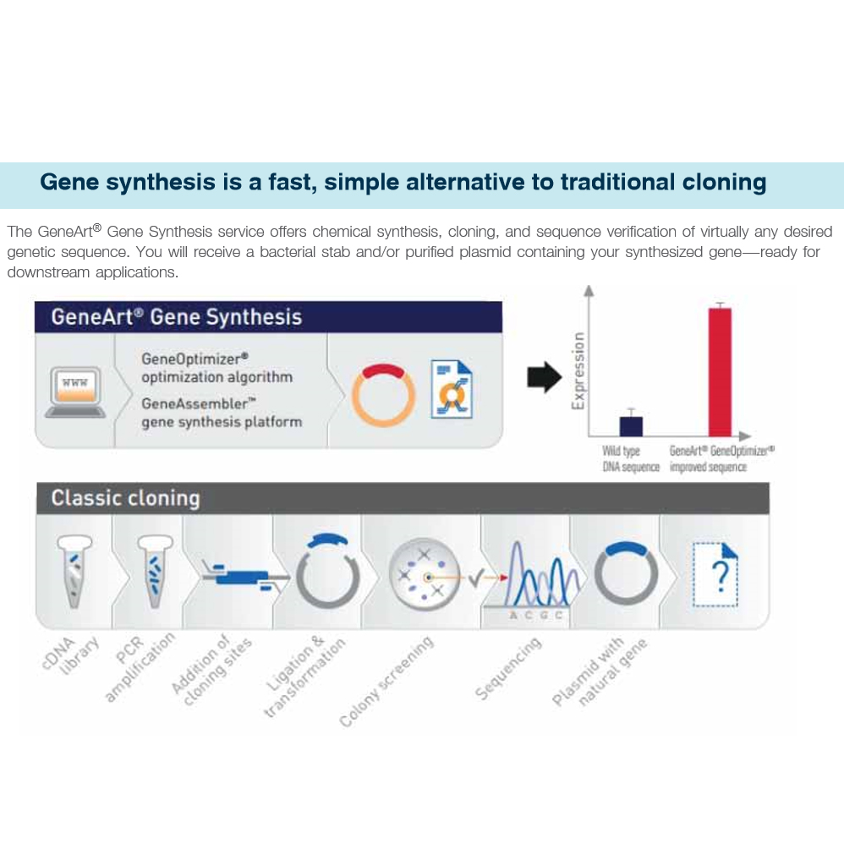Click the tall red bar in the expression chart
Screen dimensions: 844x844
pos(720,370)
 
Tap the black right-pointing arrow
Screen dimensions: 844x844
pos(543,377)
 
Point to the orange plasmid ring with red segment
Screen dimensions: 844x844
pos(383,394)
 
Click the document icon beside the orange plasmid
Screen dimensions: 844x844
pos(452,389)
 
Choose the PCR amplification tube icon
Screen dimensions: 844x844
pos(153,571)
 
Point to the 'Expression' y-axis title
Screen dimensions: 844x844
pos(578,370)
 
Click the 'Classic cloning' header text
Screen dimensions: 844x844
pos(125,497)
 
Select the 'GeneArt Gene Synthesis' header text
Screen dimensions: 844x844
pos(176,317)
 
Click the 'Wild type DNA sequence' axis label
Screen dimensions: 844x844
pos(629,459)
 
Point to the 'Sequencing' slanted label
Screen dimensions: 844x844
pos(507,669)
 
